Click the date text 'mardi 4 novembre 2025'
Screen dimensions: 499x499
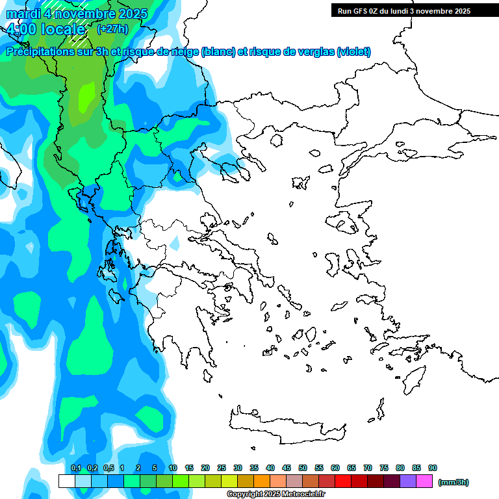click(x=77, y=14)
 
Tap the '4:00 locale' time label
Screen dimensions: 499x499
click(x=46, y=29)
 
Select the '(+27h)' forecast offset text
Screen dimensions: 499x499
click(x=112, y=29)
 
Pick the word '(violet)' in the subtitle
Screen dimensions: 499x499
click(x=353, y=52)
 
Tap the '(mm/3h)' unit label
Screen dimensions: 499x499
click(x=454, y=482)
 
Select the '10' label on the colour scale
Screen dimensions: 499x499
click(x=173, y=468)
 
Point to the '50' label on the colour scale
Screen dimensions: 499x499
click(x=303, y=468)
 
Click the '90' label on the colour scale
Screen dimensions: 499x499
click(x=433, y=468)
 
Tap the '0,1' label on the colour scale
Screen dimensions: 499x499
click(x=75, y=468)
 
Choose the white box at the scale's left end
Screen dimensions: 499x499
click(x=66, y=481)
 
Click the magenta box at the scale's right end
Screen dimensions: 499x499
click(x=424, y=481)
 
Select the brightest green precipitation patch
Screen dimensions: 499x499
click(x=85, y=97)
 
